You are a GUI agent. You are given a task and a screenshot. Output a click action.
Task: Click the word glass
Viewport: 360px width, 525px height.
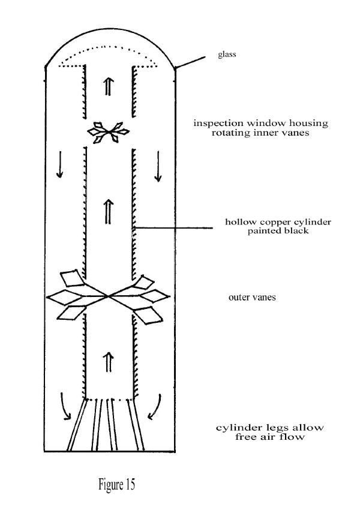pos(227,54)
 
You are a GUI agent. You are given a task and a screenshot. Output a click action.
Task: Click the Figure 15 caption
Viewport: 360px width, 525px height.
pos(116,484)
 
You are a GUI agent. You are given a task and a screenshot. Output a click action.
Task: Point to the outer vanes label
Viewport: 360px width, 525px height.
pos(252,298)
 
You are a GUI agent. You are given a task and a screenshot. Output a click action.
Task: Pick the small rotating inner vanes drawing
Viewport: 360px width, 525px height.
pos(108,133)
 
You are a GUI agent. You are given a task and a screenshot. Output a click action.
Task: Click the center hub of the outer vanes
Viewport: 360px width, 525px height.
pos(108,296)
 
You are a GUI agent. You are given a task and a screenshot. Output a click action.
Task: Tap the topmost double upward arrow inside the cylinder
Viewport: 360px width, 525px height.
pos(107,86)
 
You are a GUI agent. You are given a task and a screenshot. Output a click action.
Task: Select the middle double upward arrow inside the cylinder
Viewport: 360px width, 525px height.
pos(108,212)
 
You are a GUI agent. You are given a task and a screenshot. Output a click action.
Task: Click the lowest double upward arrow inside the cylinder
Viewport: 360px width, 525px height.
pos(108,362)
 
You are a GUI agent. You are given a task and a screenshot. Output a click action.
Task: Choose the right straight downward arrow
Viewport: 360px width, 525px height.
pos(158,166)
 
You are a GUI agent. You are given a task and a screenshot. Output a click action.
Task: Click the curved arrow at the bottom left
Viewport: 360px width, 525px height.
pos(65,406)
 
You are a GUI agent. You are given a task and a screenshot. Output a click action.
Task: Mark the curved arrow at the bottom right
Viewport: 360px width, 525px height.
pos(155,407)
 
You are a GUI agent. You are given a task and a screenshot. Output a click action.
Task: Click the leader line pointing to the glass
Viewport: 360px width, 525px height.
pos(190,62)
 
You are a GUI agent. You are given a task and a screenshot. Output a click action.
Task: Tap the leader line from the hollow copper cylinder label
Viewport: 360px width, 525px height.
pos(173,229)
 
